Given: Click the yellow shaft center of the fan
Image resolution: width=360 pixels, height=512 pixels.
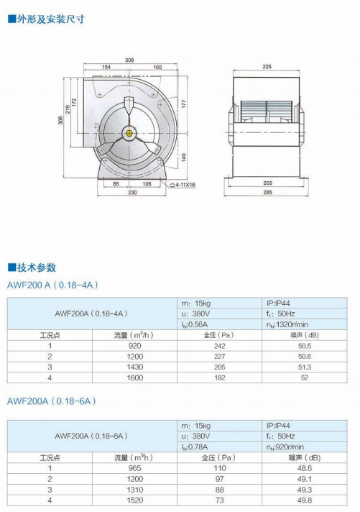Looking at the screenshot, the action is tap(129, 133).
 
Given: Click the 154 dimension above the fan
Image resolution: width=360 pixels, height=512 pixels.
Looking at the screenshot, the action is tap(106, 67).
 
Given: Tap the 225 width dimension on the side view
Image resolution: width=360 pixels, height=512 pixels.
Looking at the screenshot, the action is tap(267, 66).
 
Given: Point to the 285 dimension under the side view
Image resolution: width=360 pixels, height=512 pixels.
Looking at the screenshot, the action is tap(267, 192).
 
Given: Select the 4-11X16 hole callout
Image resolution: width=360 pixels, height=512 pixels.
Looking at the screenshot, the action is tap(185, 185).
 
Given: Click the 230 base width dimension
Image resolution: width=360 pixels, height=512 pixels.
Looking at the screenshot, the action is tap(132, 192).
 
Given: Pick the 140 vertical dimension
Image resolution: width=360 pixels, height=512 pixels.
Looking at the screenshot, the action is tap(184, 157).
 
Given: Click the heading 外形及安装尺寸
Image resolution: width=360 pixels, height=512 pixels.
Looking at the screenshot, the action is tap(46, 19).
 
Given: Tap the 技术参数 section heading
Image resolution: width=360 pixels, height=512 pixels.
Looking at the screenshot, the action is tap(32, 268).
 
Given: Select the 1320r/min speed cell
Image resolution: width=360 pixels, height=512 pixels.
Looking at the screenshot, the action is tap(287, 324).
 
